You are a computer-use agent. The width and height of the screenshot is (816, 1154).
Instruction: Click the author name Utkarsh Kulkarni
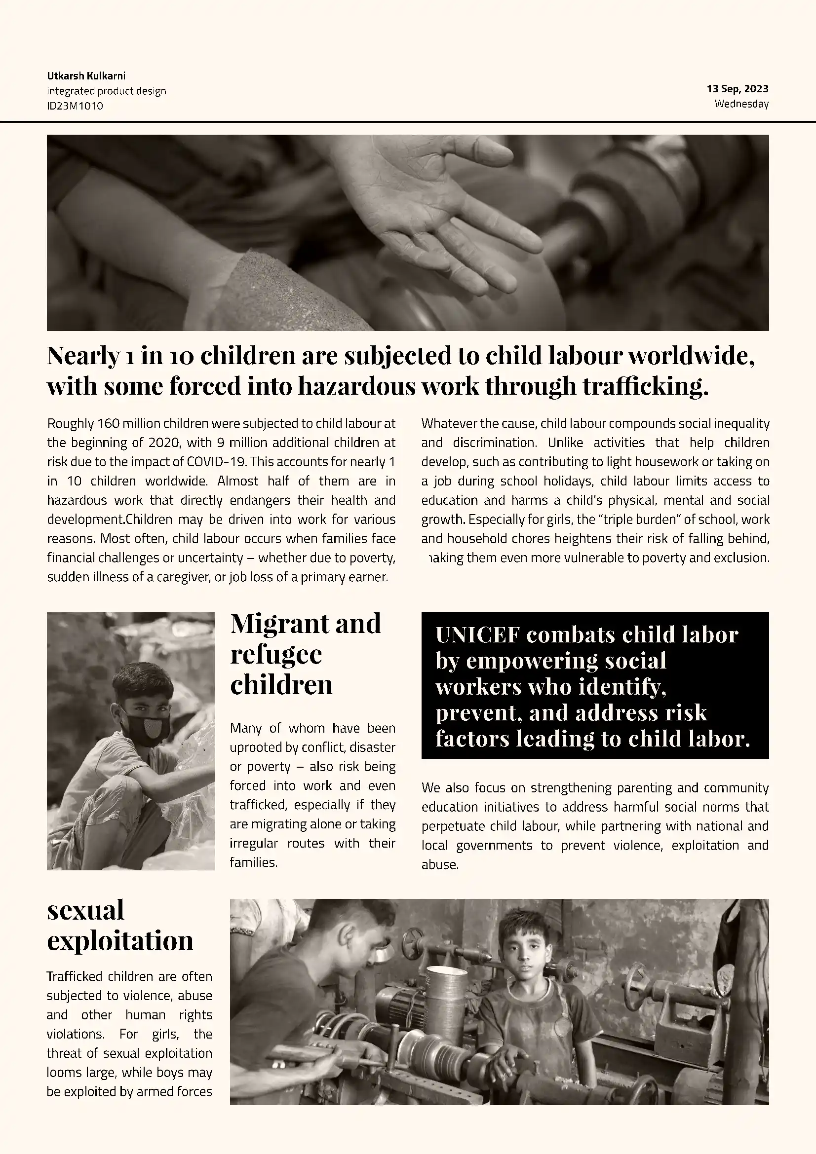(86, 76)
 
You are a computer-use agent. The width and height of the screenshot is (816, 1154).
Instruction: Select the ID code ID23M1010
(75, 106)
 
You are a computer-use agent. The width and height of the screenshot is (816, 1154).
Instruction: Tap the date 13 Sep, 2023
(737, 89)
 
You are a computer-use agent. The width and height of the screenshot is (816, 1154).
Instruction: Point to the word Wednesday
(741, 104)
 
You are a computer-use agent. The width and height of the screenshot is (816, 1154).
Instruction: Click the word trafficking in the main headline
(645, 386)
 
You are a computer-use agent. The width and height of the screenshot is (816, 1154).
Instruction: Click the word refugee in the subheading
(276, 654)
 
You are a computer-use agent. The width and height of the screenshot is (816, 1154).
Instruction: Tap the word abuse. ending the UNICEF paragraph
(440, 865)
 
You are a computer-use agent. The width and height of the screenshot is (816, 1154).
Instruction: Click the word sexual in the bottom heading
(85, 910)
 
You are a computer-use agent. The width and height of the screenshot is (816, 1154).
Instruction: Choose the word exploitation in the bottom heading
(120, 940)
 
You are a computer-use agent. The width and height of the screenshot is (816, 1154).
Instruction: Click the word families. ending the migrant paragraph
(253, 863)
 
